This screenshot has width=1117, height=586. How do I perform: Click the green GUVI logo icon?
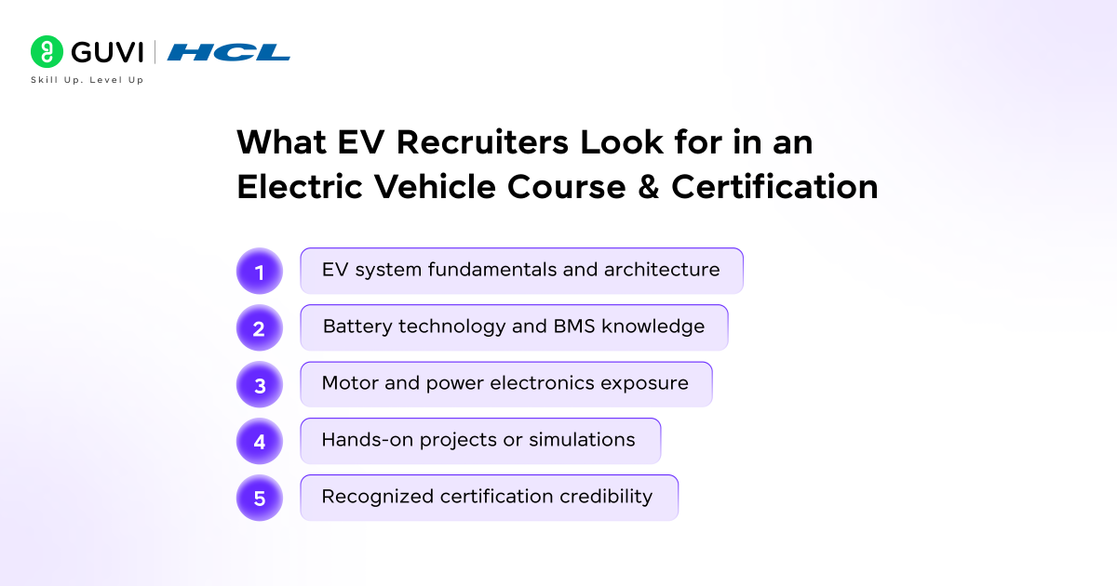tap(47, 51)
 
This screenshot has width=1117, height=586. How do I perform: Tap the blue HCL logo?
tap(229, 52)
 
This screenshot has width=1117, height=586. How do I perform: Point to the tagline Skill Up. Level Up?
tap(87, 80)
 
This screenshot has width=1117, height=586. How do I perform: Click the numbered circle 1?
tap(260, 272)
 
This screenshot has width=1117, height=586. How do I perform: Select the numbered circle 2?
tap(260, 328)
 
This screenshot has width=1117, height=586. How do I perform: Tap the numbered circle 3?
tap(260, 385)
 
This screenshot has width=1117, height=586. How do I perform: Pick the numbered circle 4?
tap(260, 442)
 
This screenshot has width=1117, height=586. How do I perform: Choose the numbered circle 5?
tap(260, 499)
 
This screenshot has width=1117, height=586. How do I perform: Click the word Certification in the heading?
tap(774, 187)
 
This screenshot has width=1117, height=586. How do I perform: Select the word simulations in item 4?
tap(582, 440)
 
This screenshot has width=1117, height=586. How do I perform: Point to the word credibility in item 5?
tap(606, 497)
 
